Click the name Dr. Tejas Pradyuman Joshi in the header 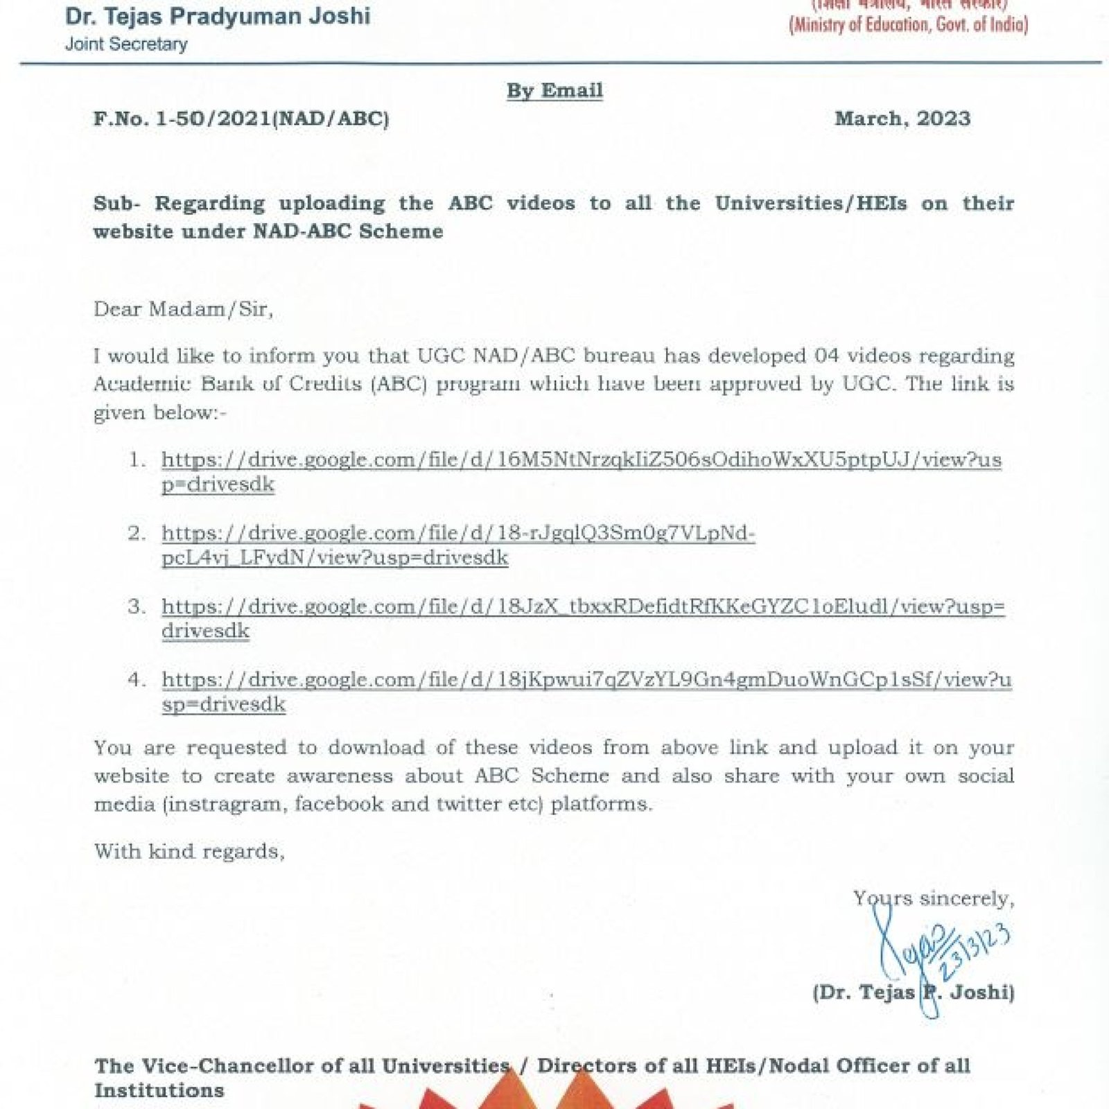tap(218, 16)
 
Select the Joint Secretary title tap(126, 44)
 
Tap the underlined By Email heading tap(554, 90)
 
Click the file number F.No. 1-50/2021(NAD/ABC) tap(241, 119)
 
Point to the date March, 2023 tap(902, 119)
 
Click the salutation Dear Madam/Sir tap(183, 308)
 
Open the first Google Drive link tap(581, 460)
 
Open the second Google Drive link tap(457, 534)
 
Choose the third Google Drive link tap(582, 607)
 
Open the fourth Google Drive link tap(586, 680)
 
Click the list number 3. tap(137, 607)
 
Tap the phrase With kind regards tap(189, 851)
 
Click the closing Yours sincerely tap(934, 898)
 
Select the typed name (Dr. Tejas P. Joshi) tap(914, 993)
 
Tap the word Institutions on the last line tap(159, 1090)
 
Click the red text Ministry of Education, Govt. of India tap(908, 25)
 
